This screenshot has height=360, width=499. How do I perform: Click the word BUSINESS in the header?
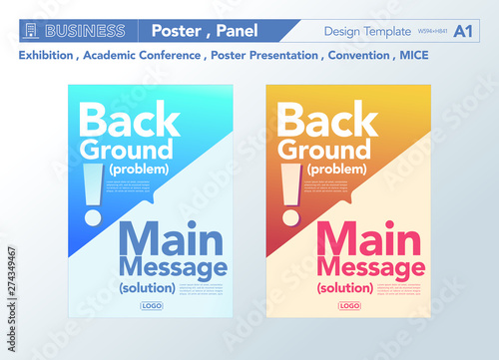[x=84, y=31]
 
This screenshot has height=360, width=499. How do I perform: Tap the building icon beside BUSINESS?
[x=30, y=31]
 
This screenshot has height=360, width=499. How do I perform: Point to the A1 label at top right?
[x=463, y=31]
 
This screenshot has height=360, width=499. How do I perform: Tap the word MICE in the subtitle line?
[x=412, y=55]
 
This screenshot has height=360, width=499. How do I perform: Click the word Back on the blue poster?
[x=129, y=121]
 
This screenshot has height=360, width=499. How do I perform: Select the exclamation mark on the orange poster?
[x=290, y=193]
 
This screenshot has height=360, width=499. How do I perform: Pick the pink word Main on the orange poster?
[x=367, y=239]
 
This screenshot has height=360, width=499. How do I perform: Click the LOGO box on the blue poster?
[x=151, y=306]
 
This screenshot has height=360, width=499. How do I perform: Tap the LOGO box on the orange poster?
[x=348, y=306]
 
